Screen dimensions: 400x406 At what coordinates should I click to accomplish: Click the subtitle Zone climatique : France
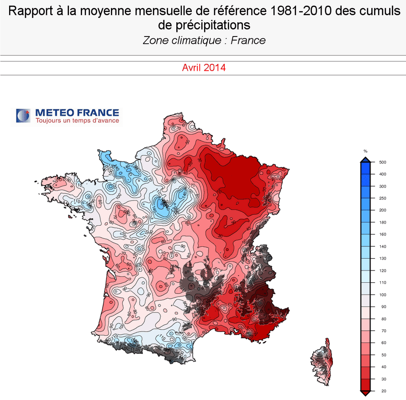[x=204, y=40]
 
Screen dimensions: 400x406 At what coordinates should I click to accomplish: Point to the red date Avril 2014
[x=204, y=68]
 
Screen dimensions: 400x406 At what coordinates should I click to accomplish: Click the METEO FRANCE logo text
[x=77, y=112]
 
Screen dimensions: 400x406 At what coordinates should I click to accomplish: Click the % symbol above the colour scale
[x=365, y=151]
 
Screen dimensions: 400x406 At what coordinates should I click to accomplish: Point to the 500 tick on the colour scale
[x=383, y=162]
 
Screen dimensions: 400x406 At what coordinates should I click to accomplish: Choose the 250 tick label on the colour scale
[x=383, y=198]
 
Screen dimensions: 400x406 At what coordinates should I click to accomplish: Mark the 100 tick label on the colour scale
[x=383, y=295]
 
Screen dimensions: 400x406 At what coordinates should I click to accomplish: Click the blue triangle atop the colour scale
[x=365, y=159]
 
